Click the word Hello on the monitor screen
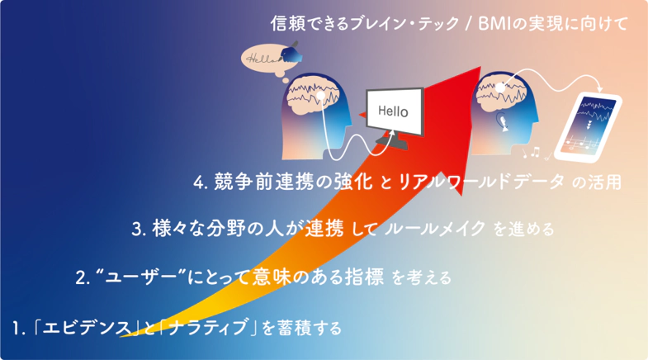393,111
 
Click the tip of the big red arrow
480,66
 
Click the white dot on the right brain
500,88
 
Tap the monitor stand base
392,143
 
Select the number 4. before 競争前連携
200,182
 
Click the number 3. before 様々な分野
139,230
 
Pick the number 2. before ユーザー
83,277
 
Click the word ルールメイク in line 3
435,229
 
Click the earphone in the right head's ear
503,121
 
